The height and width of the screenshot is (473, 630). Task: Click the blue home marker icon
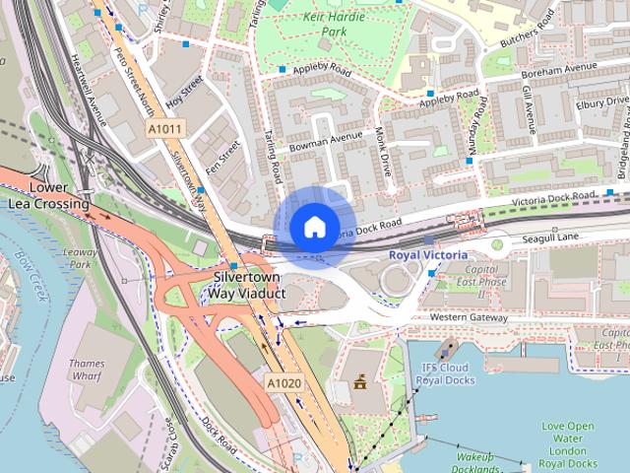tap(314, 228)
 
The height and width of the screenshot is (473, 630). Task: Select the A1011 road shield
tap(163, 128)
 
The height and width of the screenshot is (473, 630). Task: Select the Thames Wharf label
tap(87, 370)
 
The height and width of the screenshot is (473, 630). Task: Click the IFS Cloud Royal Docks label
tap(448, 374)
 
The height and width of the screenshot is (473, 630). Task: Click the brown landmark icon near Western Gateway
tap(359, 380)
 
